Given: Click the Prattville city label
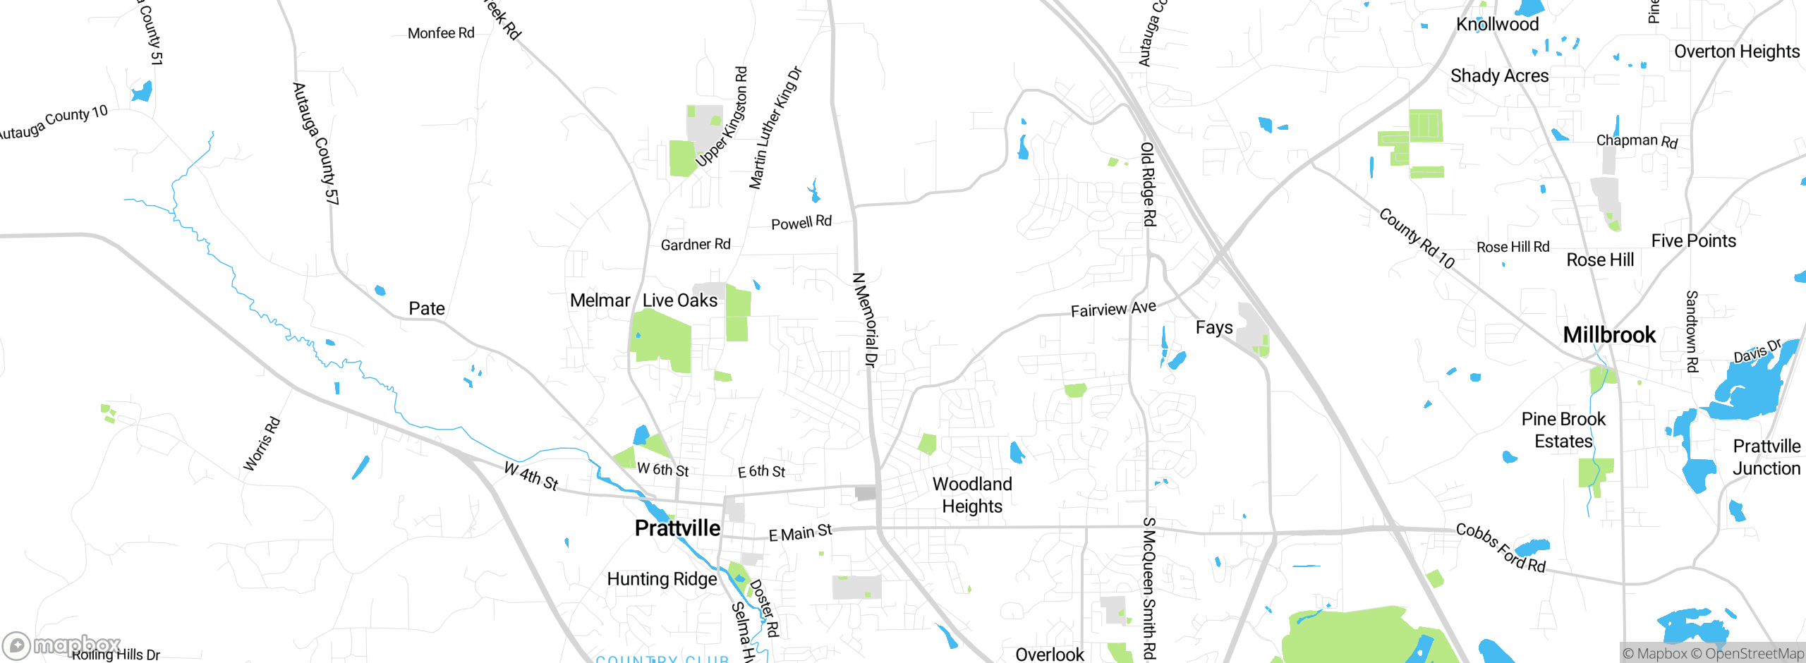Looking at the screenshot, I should [x=677, y=528].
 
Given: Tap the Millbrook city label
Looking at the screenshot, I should [x=1609, y=334].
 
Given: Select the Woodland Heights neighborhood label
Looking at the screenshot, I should [x=972, y=495].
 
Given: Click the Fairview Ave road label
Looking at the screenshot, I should [x=1113, y=309].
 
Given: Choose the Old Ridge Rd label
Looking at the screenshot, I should [x=1148, y=184].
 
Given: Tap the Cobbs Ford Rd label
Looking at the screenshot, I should [x=1501, y=548].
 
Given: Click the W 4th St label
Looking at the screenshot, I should [x=531, y=476].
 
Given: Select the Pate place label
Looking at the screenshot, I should [x=427, y=308].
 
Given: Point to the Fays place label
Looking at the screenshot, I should [x=1214, y=327].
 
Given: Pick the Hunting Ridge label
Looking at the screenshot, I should [x=662, y=579].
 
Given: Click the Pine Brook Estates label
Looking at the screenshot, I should [x=1563, y=430].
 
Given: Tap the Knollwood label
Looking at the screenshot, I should [x=1497, y=24].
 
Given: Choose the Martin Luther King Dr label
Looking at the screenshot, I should [x=775, y=128].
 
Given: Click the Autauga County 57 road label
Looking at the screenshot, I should [x=315, y=144].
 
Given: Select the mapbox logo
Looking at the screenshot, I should [x=62, y=645].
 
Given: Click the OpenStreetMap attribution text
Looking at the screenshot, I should [x=1754, y=654].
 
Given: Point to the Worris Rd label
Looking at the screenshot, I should [x=262, y=444].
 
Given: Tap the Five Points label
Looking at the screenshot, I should [x=1693, y=241].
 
